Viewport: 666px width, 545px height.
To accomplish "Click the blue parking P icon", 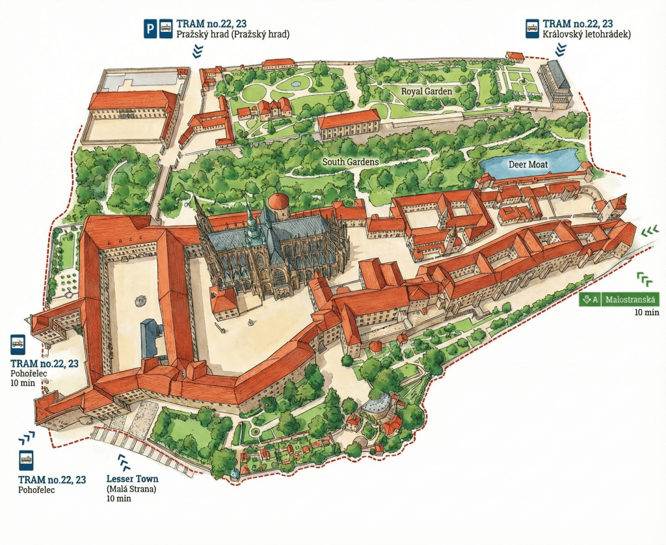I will (150, 29).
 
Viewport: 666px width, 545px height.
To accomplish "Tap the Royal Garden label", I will (426, 92).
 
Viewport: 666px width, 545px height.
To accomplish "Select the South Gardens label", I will (351, 161).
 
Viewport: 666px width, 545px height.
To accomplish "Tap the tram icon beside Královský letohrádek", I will (531, 29).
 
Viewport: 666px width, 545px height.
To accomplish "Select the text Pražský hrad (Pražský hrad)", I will (233, 35).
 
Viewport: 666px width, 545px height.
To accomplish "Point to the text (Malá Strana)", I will (131, 489).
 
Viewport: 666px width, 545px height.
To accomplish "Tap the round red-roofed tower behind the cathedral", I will (278, 205).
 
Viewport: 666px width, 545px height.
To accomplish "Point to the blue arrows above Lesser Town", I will (123, 462).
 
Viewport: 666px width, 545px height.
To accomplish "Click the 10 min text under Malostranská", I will (647, 313).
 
